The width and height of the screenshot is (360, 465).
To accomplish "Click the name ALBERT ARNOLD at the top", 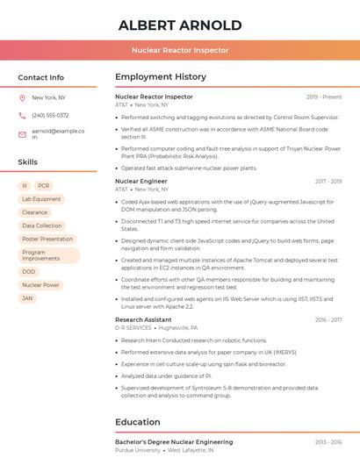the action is tap(180, 25).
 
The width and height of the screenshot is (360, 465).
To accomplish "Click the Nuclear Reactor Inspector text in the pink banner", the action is tap(180, 51).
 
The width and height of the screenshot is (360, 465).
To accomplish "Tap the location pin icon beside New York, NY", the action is tap(22, 97).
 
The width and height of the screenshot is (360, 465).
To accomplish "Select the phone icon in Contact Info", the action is tap(22, 115).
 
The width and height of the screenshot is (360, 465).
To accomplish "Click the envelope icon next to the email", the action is tap(22, 133).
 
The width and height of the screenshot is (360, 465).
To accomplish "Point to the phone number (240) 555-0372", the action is tap(50, 115).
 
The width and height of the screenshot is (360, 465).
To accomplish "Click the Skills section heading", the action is tap(28, 162).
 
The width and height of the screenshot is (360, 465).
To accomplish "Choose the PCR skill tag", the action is tap(44, 186).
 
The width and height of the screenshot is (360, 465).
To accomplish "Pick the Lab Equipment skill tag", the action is tap(41, 199).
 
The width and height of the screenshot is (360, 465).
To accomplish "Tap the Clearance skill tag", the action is tap(35, 212).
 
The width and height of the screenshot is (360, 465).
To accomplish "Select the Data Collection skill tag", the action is tap(41, 225).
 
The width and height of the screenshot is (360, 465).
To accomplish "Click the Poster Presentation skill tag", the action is tap(47, 239).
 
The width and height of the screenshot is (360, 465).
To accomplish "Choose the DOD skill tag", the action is tap(29, 272).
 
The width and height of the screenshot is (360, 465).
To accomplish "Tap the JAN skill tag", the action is tap(28, 298).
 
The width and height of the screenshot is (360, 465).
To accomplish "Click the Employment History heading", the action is tap(161, 77).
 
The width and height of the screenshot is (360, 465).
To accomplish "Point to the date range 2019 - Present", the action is tap(324, 97).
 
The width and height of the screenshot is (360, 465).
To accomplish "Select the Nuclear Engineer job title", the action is tap(140, 182).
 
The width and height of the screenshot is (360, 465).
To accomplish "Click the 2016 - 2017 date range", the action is tap(328, 320).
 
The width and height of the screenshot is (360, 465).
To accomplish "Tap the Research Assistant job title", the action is tap(143, 320).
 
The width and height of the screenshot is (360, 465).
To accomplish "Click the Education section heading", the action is tap(138, 422).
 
